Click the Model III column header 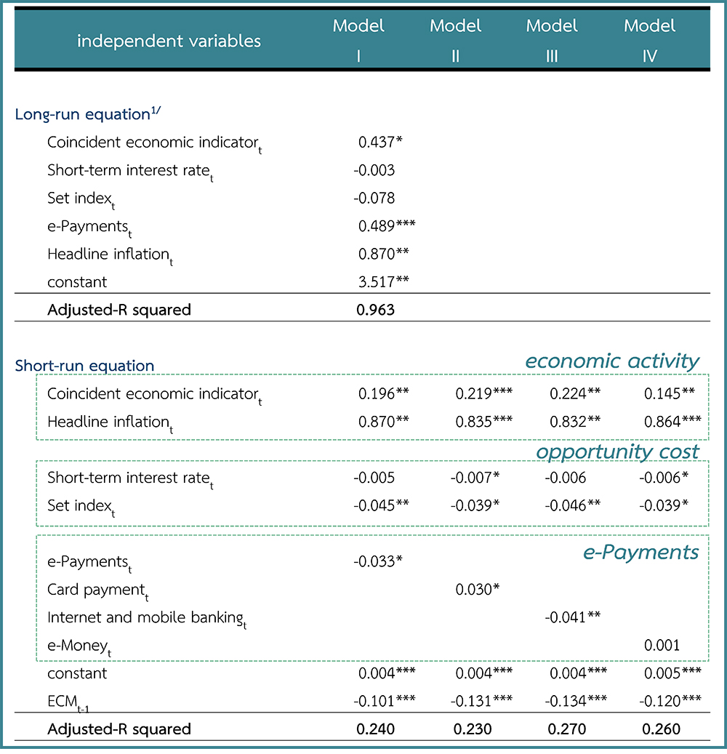[552, 40]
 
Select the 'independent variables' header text [169, 41]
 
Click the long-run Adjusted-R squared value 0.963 [375, 310]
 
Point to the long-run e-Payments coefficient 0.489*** [386, 226]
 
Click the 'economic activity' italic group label [612, 361]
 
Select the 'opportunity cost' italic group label [617, 452]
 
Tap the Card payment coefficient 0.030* [477, 589]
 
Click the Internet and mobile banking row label [145, 618]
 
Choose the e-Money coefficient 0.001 [662, 645]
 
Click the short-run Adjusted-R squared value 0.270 [564, 729]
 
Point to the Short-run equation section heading [84, 366]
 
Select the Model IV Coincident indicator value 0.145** [669, 394]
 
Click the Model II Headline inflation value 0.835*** [483, 422]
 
